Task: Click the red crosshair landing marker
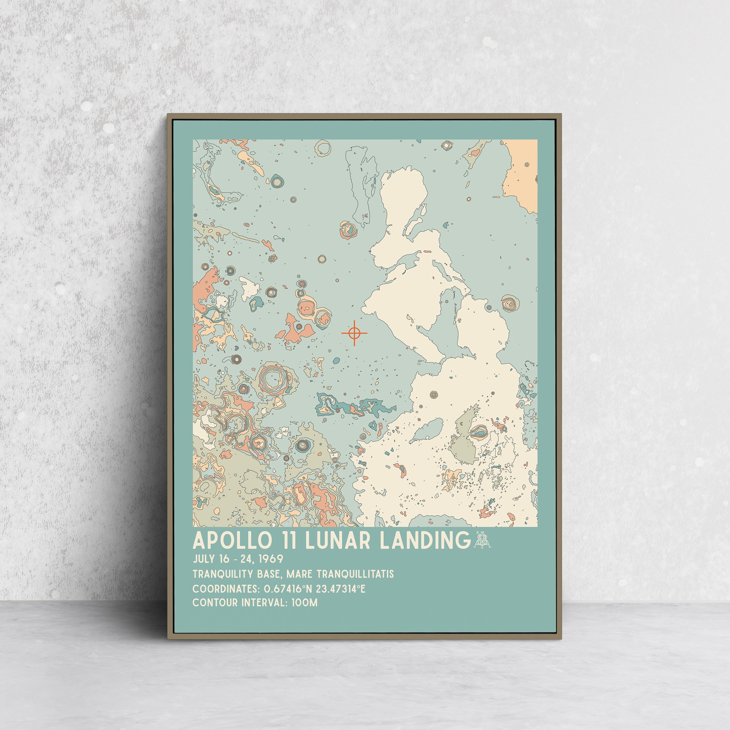click(x=354, y=333)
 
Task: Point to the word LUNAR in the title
click(x=337, y=541)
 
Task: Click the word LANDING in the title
click(x=425, y=541)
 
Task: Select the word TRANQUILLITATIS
click(x=355, y=574)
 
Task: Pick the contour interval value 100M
click(x=304, y=603)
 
